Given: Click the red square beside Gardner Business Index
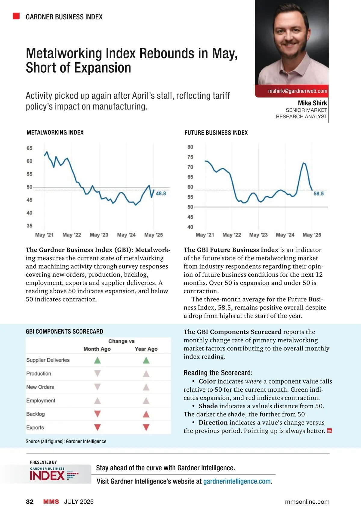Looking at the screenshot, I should (x=16, y=16).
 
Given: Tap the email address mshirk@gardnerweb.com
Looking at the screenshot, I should (x=298, y=91).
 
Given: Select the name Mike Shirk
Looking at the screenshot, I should (x=312, y=103).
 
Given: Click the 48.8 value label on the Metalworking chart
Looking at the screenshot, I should (x=161, y=194).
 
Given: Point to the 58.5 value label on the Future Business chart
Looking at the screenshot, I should (x=319, y=194).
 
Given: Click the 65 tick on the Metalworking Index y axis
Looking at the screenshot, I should (x=29, y=148).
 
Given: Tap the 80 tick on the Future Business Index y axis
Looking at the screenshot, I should (x=190, y=147).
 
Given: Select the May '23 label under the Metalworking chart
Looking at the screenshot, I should (x=99, y=235).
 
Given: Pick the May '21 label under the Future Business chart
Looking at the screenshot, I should (x=205, y=235).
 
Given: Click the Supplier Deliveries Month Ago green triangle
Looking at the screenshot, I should (x=97, y=360).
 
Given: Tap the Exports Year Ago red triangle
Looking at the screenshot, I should (x=146, y=427).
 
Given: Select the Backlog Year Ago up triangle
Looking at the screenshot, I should (x=146, y=414).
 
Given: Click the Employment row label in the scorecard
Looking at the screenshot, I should (x=41, y=401).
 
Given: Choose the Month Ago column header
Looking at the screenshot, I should (x=97, y=349).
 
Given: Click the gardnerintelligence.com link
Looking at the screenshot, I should (x=237, y=481).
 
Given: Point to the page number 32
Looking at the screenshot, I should (x=30, y=502).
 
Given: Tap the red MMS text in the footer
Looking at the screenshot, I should (x=51, y=502).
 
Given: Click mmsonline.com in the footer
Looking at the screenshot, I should (x=307, y=502).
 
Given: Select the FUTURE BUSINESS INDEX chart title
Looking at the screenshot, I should (x=216, y=133).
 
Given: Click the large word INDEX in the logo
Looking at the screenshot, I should (x=48, y=476).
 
